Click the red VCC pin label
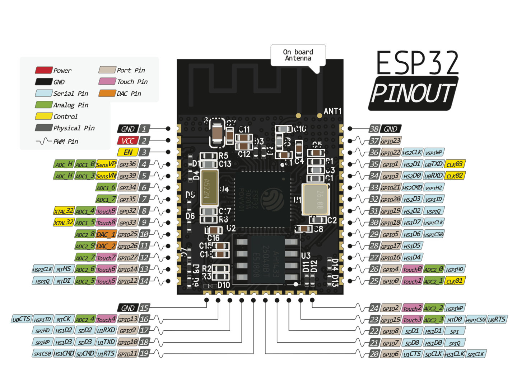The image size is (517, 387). click(127, 140)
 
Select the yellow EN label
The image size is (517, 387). click(127, 152)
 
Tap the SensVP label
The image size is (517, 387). click(106, 164)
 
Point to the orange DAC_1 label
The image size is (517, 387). click(106, 235)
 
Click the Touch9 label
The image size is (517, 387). click(106, 211)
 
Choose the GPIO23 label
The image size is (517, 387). click(391, 141)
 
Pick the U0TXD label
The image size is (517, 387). click(434, 164)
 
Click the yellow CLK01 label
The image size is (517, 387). click(455, 281)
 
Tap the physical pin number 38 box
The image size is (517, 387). click(374, 129)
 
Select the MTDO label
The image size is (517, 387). click(455, 320)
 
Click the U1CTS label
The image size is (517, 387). click(412, 354)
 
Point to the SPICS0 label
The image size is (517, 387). click(42, 354)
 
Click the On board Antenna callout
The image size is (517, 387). click(298, 55)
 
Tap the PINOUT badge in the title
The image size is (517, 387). click(413, 93)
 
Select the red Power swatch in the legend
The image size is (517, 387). click(43, 70)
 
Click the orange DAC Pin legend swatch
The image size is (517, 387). click(107, 93)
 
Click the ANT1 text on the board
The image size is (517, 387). click(332, 111)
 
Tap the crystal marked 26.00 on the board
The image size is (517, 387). click(315, 200)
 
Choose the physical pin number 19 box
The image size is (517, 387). click(144, 354)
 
